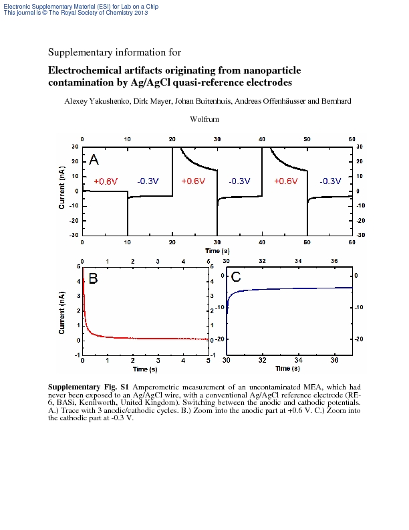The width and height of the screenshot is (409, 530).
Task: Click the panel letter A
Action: (94, 159)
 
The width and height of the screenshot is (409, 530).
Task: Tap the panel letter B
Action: (93, 278)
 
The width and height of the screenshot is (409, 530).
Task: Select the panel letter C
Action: (235, 277)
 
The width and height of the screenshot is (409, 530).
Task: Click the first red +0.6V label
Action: (106, 181)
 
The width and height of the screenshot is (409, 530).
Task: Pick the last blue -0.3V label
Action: (330, 181)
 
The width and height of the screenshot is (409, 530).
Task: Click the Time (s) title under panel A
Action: (217, 251)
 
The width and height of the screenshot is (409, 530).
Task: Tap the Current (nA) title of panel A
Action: (61, 187)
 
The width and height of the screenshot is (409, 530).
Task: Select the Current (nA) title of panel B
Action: (61, 313)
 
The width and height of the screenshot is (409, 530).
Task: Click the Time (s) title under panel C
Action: (287, 369)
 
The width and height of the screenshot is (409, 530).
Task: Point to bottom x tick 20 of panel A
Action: (172, 242)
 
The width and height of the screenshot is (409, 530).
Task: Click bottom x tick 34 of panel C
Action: (298, 360)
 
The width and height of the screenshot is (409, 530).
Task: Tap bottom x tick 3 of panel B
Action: (158, 361)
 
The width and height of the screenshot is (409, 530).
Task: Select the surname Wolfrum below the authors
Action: (204, 119)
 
